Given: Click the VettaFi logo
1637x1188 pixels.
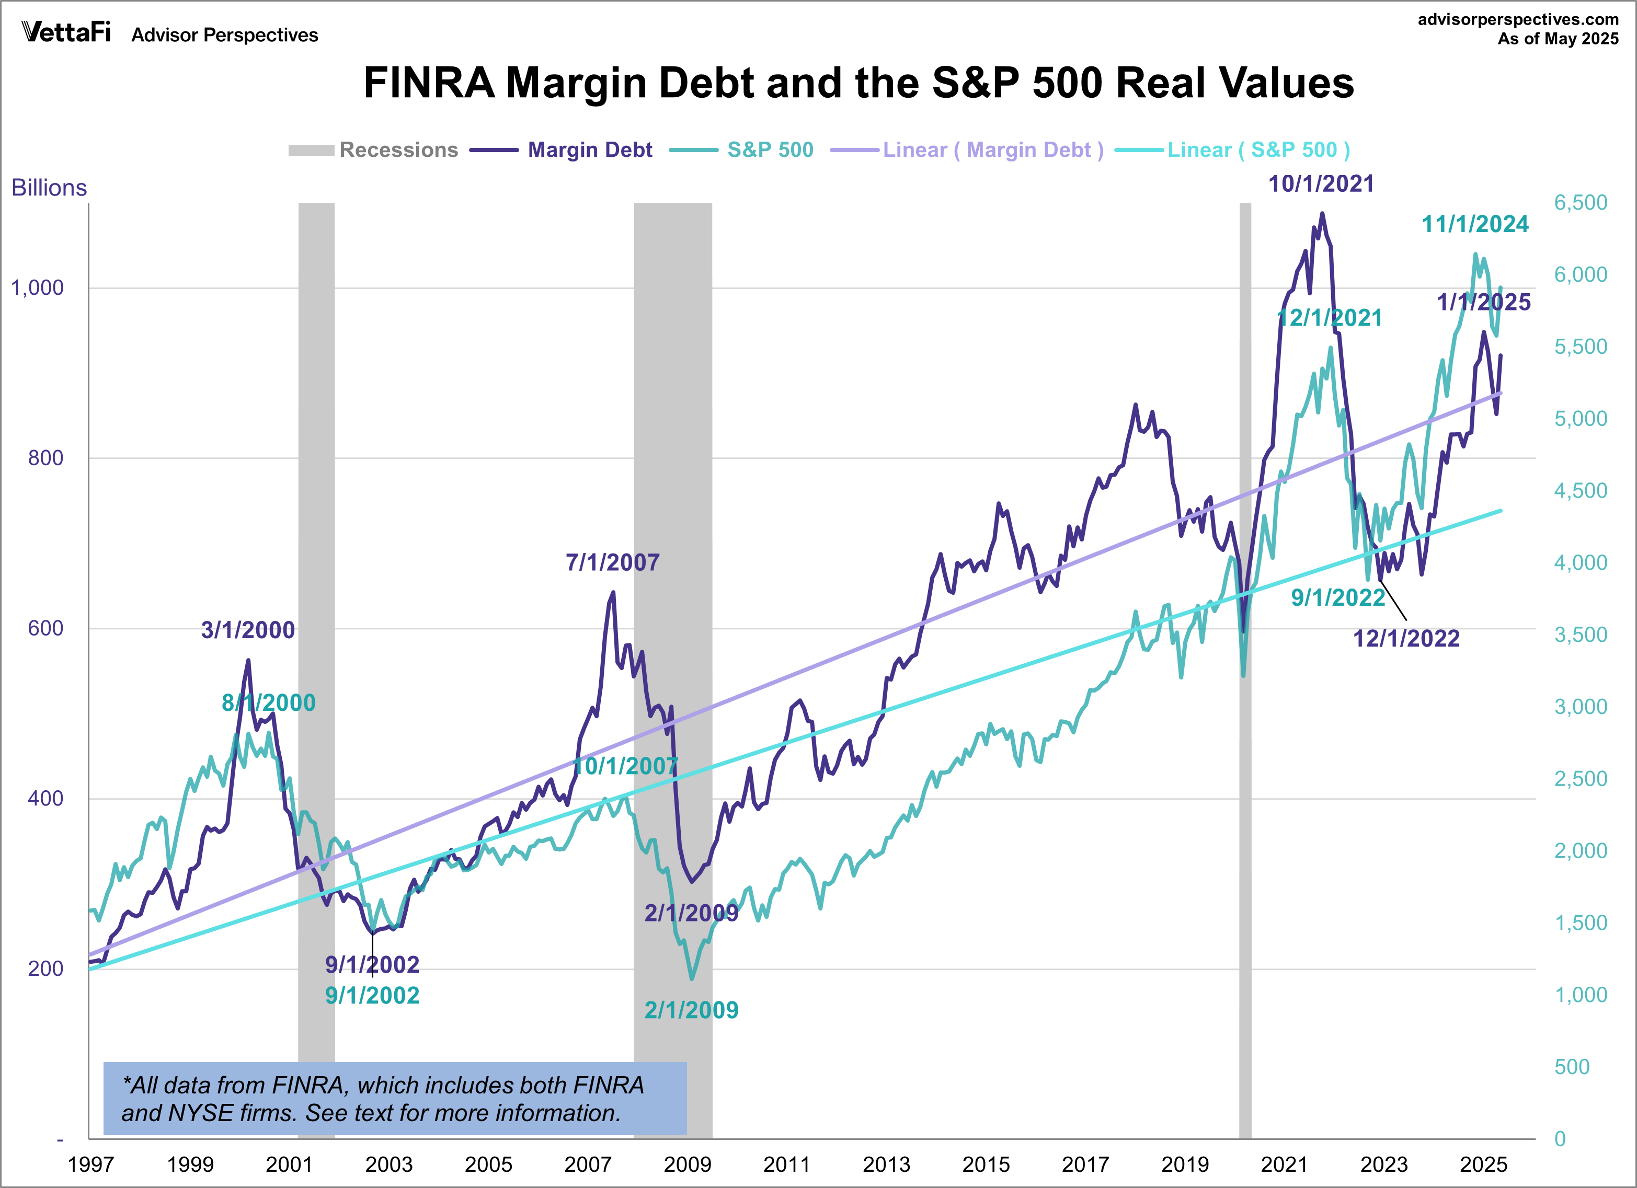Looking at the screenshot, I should click(x=66, y=32).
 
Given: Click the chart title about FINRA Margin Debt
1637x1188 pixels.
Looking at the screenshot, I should click(x=858, y=83).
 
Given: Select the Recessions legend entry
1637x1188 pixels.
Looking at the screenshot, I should click(x=373, y=150).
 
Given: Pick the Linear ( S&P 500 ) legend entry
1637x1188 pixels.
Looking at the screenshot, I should click(x=1232, y=150).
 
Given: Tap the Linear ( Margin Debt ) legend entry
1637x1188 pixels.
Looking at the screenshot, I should click(x=967, y=150).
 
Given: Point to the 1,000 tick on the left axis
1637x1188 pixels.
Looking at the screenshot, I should click(x=38, y=288).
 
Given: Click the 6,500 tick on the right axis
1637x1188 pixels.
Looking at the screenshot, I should click(x=1581, y=203).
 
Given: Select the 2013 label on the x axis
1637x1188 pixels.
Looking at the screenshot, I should click(x=886, y=1164).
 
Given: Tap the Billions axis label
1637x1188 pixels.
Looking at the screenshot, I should click(x=49, y=188).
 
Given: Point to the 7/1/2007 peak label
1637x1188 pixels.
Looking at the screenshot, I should click(x=612, y=562).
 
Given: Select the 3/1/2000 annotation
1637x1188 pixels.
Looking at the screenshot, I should click(x=248, y=630).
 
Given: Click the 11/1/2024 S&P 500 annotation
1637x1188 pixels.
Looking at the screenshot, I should click(x=1474, y=224).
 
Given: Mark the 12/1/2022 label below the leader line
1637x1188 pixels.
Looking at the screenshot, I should click(x=1405, y=639).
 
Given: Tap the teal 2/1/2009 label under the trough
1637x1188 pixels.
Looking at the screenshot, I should click(x=691, y=1010).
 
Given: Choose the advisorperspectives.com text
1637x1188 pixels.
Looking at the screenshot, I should click(x=1518, y=19).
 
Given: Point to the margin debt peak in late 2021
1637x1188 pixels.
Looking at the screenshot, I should click(x=1322, y=214).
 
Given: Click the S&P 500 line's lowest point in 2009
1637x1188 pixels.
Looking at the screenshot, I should click(x=692, y=979).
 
